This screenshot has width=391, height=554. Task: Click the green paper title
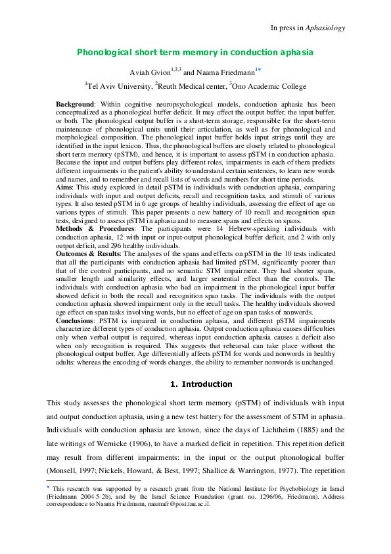coord(195,52)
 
